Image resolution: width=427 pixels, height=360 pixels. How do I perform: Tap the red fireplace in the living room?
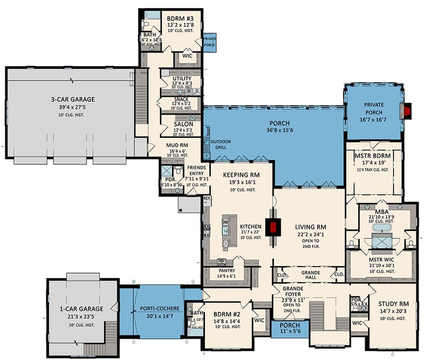pyautogui.click(x=274, y=228)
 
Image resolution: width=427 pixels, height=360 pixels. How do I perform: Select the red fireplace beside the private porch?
pyautogui.click(x=408, y=110)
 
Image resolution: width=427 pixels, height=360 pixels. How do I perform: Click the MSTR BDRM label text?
pyautogui.click(x=373, y=156)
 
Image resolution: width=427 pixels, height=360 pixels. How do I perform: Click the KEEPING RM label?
pyautogui.click(x=240, y=174)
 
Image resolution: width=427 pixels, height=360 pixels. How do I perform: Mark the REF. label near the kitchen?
pyautogui.click(x=207, y=198)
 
